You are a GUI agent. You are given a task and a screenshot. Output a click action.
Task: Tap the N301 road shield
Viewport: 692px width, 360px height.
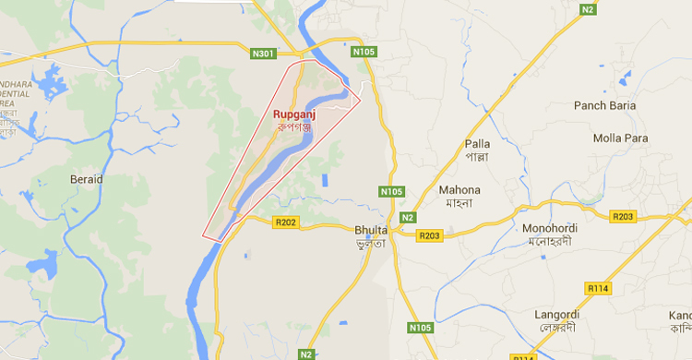click(x=264, y=54)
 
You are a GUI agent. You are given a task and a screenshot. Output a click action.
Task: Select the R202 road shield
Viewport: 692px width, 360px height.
click(x=286, y=222)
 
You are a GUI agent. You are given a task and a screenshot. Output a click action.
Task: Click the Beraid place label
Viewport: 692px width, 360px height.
click(x=87, y=178)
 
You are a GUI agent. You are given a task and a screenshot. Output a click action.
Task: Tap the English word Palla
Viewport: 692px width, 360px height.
click(x=478, y=144)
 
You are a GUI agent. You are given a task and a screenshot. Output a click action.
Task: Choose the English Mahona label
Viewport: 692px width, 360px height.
click(x=459, y=190)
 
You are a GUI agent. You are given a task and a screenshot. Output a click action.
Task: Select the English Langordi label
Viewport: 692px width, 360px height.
click(x=559, y=315)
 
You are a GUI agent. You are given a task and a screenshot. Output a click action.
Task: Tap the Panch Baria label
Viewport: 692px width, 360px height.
click(x=605, y=105)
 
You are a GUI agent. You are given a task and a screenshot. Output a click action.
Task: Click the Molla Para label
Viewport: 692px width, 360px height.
click(x=620, y=138)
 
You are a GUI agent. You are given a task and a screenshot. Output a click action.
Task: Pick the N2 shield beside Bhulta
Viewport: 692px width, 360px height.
click(x=407, y=218)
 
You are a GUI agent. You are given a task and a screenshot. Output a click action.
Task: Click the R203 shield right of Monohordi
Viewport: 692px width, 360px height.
click(x=624, y=216)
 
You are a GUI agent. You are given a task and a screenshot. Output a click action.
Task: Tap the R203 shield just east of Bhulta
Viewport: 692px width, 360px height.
click(x=430, y=236)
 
